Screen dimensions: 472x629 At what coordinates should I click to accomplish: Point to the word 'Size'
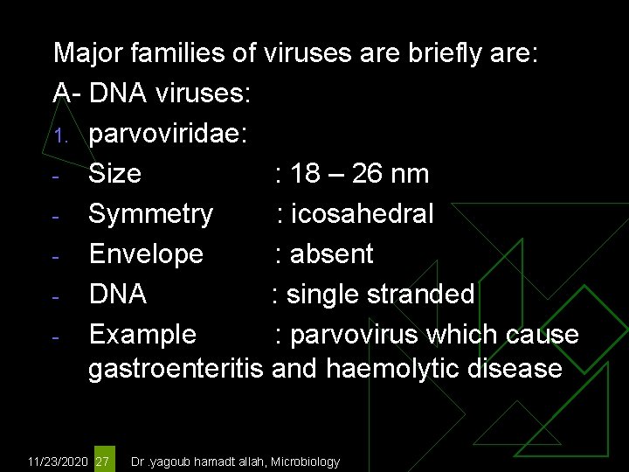click(x=114, y=174)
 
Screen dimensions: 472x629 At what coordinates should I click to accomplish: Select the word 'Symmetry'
click(x=150, y=214)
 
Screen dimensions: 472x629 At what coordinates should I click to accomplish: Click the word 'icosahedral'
click(x=363, y=214)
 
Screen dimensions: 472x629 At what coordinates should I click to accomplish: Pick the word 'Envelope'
click(x=146, y=254)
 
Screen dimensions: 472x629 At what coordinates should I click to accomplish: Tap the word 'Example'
click(x=142, y=335)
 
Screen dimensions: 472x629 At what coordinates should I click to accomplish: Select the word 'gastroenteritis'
click(x=176, y=369)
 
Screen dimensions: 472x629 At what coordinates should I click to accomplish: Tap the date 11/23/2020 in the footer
click(x=58, y=462)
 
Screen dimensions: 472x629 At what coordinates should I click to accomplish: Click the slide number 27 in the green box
click(x=103, y=461)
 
